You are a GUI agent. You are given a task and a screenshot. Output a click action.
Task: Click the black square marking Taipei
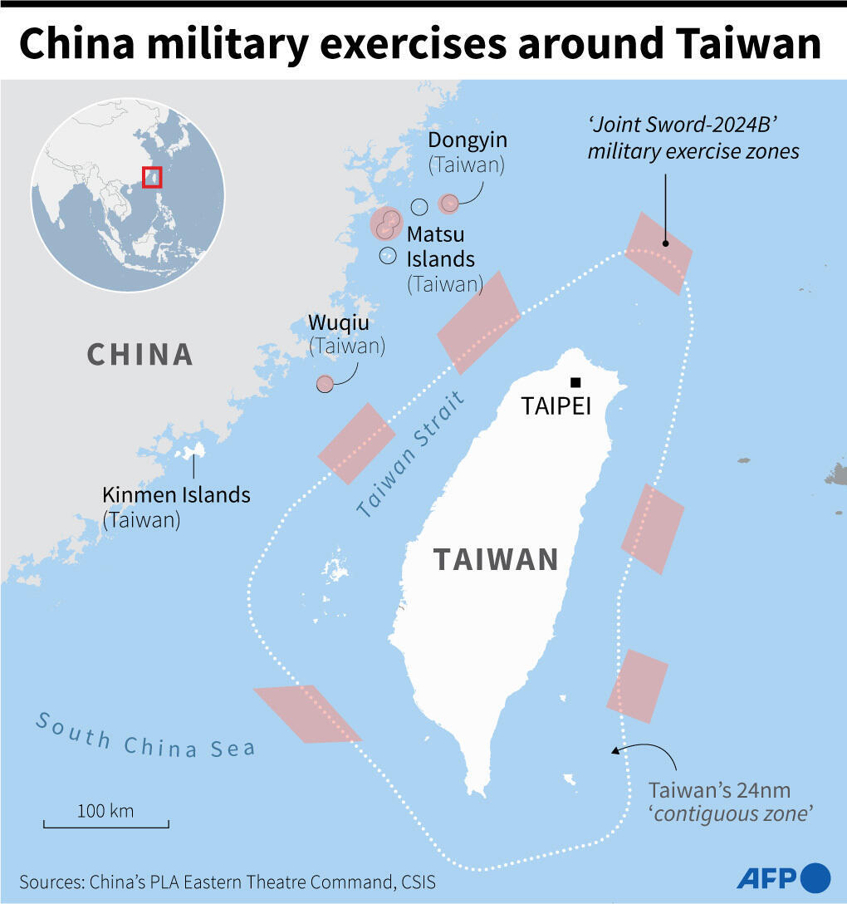(x=575, y=382)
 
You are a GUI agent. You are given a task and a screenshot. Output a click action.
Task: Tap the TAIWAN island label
(x=497, y=559)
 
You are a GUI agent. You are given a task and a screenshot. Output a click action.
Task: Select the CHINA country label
(x=140, y=354)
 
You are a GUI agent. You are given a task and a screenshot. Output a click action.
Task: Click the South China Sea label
(x=144, y=735)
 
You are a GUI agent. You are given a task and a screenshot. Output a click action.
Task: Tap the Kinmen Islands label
(x=176, y=495)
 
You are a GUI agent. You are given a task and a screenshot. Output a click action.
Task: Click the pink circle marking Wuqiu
(x=325, y=383)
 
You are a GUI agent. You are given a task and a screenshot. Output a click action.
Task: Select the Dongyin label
(x=468, y=140)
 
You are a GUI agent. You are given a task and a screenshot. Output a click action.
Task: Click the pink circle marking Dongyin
(x=449, y=203)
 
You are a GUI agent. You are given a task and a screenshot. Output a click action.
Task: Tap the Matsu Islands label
(x=441, y=246)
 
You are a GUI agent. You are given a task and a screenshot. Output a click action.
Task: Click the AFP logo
(x=783, y=877)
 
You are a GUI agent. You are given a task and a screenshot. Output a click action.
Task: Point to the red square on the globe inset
(x=152, y=177)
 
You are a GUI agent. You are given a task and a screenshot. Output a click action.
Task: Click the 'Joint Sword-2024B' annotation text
(x=693, y=138)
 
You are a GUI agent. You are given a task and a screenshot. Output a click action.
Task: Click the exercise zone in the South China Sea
(x=306, y=713)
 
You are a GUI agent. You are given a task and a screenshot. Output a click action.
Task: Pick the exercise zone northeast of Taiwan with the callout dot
(x=659, y=253)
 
